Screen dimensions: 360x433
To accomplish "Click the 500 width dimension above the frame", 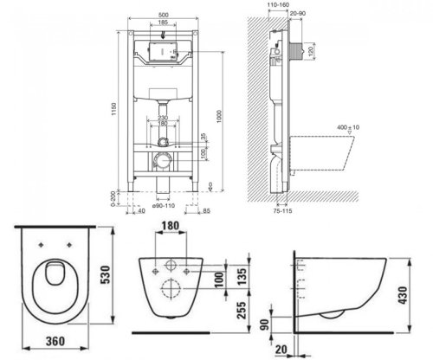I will pyautogui.click(x=162, y=15).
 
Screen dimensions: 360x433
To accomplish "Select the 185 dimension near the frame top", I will pyautogui.click(x=162, y=25).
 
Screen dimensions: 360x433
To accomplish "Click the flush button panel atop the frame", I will pyautogui.click(x=162, y=49).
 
